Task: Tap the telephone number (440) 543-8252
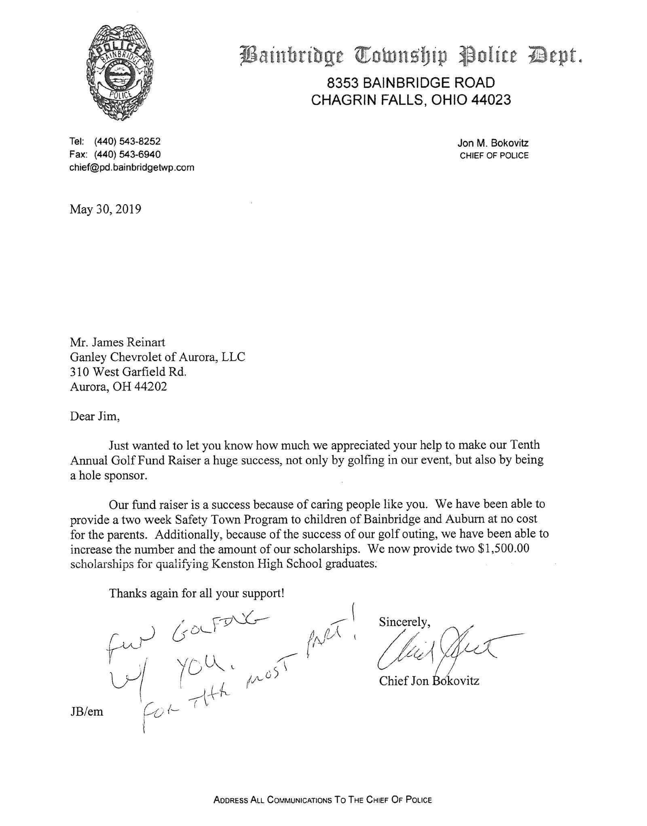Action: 127,142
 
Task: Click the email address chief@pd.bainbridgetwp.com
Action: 132,167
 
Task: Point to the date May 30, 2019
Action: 106,209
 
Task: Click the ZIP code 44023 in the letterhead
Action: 491,100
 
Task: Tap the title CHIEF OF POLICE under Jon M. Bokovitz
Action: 494,156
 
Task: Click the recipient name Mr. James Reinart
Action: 117,342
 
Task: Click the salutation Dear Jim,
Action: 95,416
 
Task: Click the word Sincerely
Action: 403,622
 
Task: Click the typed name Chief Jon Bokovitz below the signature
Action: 429,681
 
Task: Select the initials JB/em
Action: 87,712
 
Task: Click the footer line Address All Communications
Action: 323,800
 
